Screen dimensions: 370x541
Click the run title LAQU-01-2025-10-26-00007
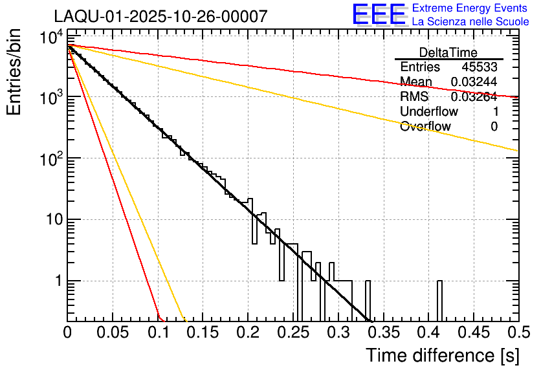160,17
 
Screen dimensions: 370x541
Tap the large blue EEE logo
379,15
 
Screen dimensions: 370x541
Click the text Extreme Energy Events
470,8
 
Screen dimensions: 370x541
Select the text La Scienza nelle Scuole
470,21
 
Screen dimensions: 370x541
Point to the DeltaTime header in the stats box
448,52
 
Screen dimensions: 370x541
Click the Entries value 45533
480,67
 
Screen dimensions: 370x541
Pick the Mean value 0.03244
474,82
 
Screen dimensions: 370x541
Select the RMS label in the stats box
414,97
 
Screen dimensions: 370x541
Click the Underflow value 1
494,112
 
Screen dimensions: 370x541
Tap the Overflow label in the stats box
425,127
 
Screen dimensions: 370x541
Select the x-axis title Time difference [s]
441,355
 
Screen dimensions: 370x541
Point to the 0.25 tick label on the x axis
293,333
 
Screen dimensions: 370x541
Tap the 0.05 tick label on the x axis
113,333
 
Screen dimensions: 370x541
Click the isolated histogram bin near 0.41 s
439,301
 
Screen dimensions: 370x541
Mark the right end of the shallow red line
517,97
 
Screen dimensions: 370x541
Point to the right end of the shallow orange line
517,151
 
